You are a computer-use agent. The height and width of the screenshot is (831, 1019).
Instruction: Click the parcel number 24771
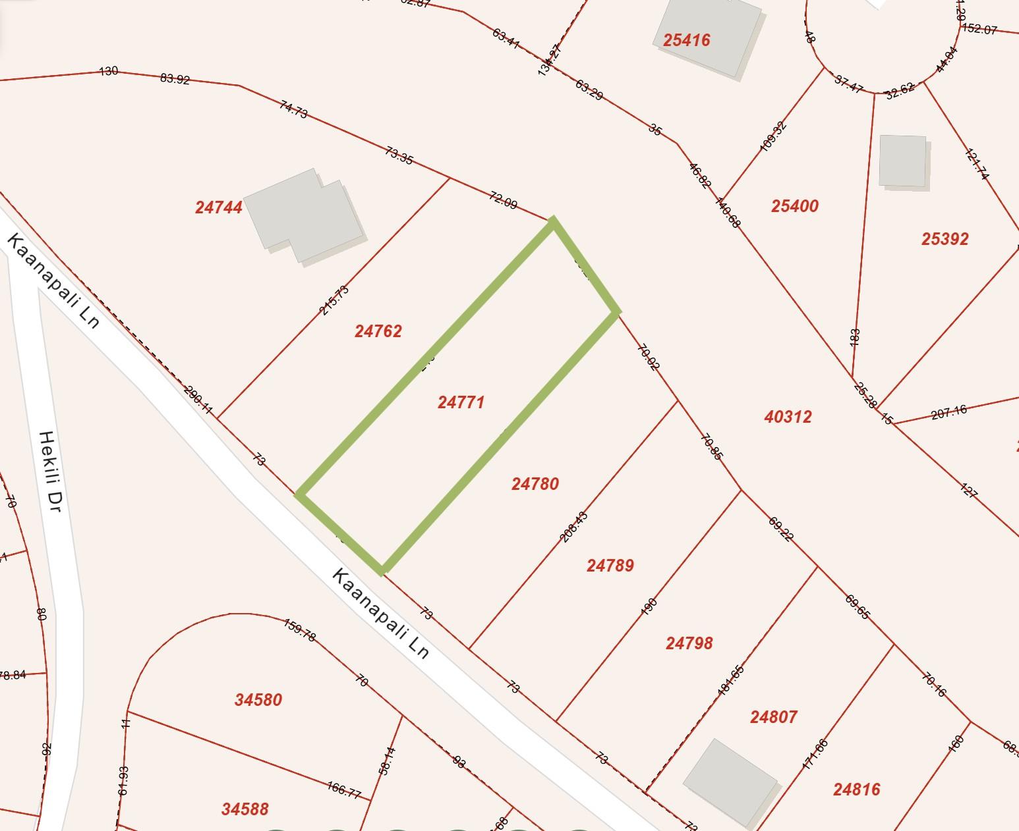point(461,402)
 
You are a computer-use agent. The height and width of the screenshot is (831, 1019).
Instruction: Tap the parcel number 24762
point(378,331)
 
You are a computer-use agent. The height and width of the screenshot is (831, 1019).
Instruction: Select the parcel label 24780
point(535,484)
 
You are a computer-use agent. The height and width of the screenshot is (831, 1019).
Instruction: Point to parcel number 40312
point(788,416)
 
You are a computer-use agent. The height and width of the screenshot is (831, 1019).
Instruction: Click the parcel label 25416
point(686,40)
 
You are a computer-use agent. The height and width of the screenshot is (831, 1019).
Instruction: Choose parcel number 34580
point(258,699)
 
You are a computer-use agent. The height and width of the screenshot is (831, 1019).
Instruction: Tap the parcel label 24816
point(856,789)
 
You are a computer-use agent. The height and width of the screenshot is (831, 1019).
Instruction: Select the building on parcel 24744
point(303,214)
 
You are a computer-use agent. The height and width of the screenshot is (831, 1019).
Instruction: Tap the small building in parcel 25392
point(902,161)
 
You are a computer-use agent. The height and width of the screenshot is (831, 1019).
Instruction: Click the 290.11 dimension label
point(198,400)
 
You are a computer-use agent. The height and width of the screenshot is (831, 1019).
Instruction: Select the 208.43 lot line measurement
point(573,527)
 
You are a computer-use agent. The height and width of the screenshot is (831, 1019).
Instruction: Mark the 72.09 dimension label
point(503,200)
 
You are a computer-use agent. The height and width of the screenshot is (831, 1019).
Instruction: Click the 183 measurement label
point(856,338)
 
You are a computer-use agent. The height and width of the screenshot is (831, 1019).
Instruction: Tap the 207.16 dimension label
point(949,412)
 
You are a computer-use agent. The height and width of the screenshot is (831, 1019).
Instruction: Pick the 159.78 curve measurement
point(300,630)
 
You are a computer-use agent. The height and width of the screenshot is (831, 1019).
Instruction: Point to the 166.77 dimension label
point(343,789)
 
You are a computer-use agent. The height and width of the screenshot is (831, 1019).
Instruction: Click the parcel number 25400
point(794,206)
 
